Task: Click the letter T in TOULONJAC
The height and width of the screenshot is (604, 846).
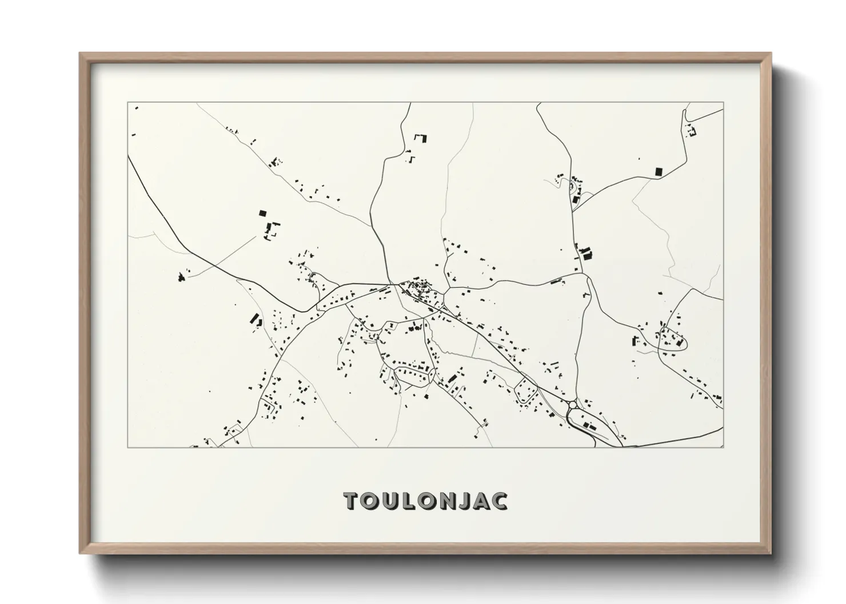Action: pyautogui.click(x=351, y=501)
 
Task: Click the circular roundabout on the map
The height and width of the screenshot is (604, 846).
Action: pyautogui.click(x=573, y=405)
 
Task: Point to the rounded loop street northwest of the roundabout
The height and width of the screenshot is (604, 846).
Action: pyautogui.click(x=526, y=392)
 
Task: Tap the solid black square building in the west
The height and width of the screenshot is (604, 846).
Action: pyautogui.click(x=262, y=213)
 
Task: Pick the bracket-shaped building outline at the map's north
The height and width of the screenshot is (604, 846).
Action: pyautogui.click(x=421, y=138)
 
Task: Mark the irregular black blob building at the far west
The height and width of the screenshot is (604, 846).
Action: pyautogui.click(x=182, y=277)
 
